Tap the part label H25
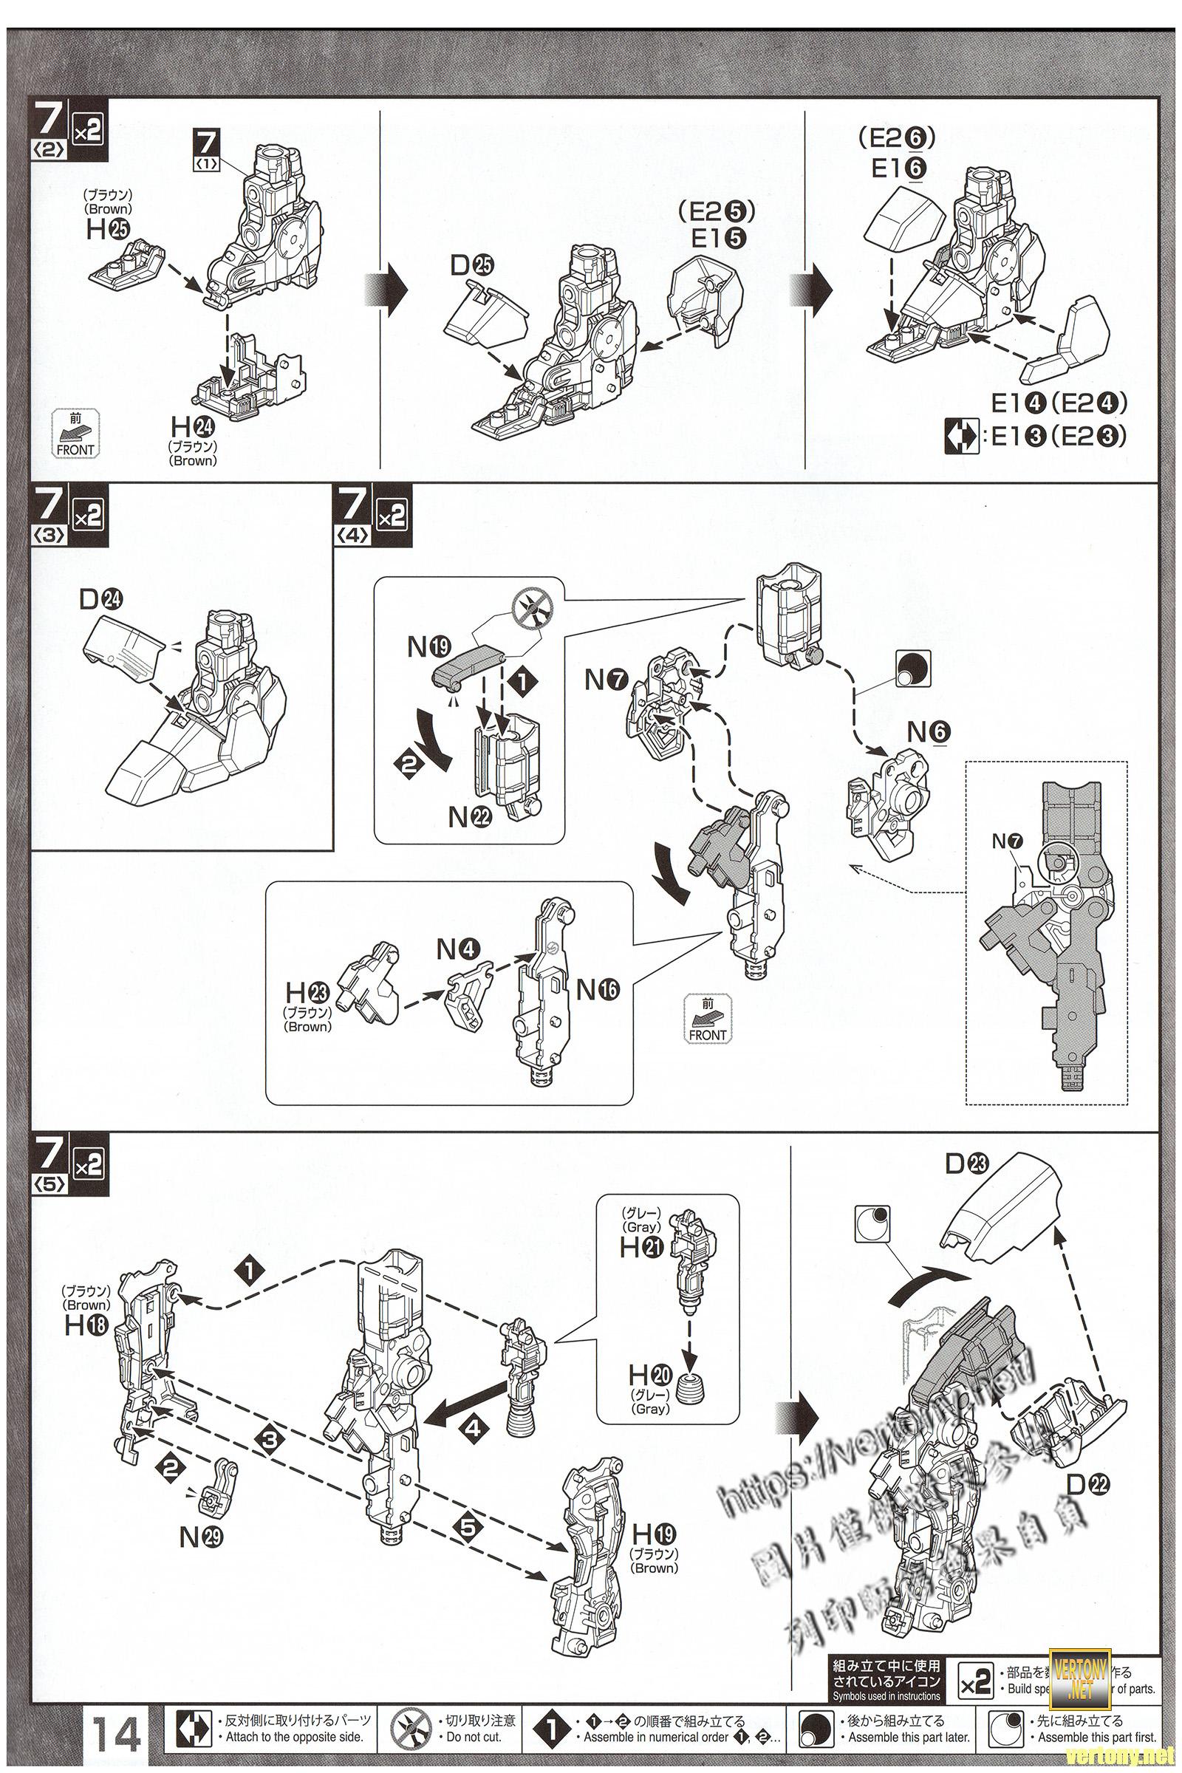click(x=108, y=229)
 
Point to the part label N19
click(x=428, y=647)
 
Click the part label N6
click(x=929, y=732)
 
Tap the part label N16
click(x=598, y=990)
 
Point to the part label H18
click(x=86, y=1325)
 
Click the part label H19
click(x=654, y=1534)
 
